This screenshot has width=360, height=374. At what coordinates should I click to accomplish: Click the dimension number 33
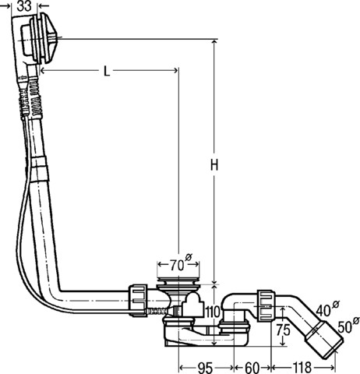24,6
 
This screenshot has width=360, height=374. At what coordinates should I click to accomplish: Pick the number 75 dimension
284,330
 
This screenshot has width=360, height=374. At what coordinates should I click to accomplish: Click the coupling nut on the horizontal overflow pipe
137,300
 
